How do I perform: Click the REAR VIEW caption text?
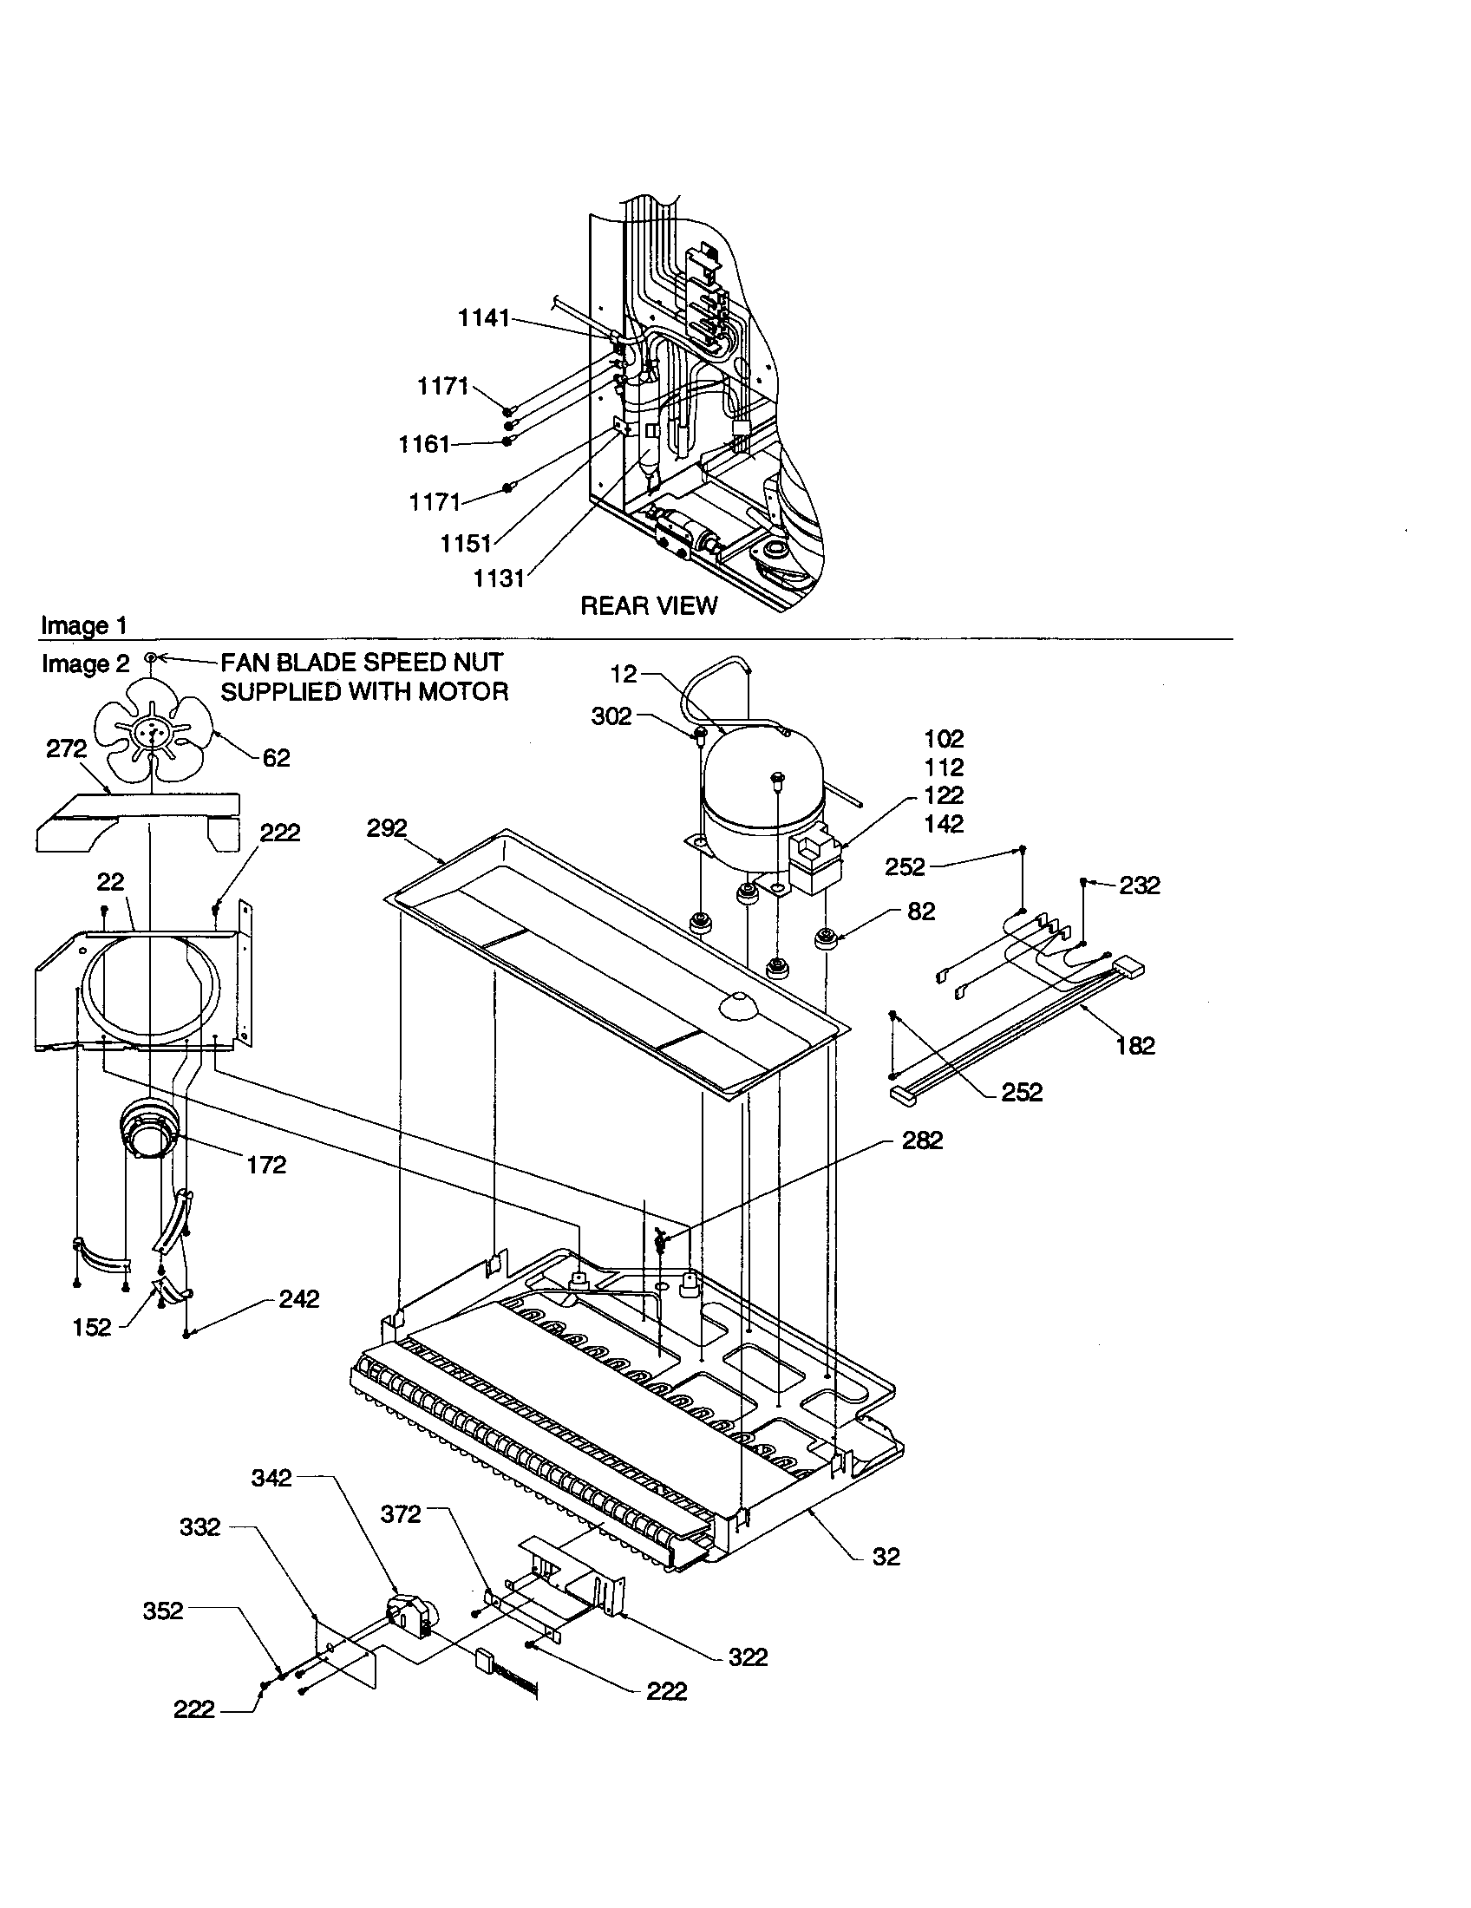pyautogui.click(x=648, y=605)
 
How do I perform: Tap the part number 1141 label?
pyautogui.click(x=483, y=319)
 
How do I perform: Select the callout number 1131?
pyautogui.click(x=499, y=578)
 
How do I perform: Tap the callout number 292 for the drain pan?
pyautogui.click(x=387, y=828)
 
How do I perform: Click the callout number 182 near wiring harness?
pyautogui.click(x=1134, y=1046)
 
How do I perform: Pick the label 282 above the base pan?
pyautogui.click(x=923, y=1140)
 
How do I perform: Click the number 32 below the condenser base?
pyautogui.click(x=886, y=1557)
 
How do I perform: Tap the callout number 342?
pyautogui.click(x=271, y=1478)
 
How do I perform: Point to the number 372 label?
pyautogui.click(x=401, y=1514)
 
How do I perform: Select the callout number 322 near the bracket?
pyautogui.click(x=748, y=1657)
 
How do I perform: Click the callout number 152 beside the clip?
pyautogui.click(x=92, y=1328)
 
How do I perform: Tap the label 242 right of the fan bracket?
pyautogui.click(x=298, y=1299)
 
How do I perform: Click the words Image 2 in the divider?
pyautogui.click(x=85, y=664)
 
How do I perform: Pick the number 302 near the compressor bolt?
pyautogui.click(x=611, y=716)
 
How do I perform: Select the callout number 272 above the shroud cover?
pyautogui.click(x=67, y=748)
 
